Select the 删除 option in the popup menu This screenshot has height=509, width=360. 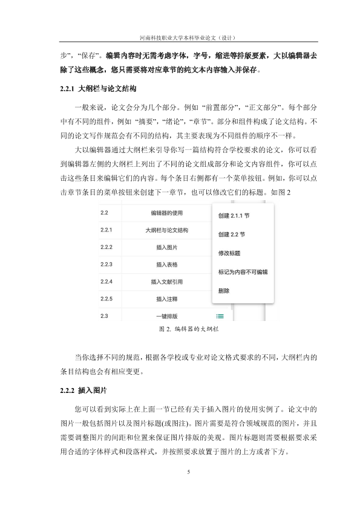coord(223,290)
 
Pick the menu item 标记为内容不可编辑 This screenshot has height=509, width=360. coord(243,272)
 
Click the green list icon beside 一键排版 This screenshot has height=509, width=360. coord(220,316)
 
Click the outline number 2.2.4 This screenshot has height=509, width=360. coord(107,282)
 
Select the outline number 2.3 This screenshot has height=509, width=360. coord(104,316)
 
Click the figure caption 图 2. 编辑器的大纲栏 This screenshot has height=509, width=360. coord(188,329)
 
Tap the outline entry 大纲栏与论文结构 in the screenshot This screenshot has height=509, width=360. coord(166,230)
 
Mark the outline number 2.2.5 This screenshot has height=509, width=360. coord(107,299)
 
